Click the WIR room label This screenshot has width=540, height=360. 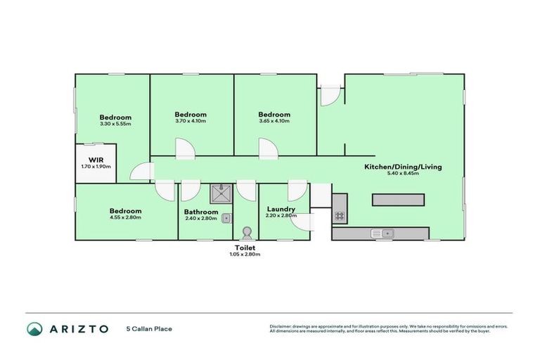pos(96,160)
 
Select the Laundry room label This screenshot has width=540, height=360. pos(281,210)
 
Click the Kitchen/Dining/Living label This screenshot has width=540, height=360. pos(402,167)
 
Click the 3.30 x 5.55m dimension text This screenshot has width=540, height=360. pos(115,124)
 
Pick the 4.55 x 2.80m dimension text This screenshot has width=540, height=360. pos(125,217)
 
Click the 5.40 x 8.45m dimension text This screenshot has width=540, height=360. pos(402,174)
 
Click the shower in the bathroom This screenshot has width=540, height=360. pos(221,193)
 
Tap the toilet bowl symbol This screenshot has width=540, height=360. pos(246,231)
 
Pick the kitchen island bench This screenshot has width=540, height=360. pos(398,200)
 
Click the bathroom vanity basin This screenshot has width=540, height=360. pos(226,219)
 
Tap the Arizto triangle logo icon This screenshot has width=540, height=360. pos(34,328)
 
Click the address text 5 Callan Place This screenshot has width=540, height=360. pos(149,328)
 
